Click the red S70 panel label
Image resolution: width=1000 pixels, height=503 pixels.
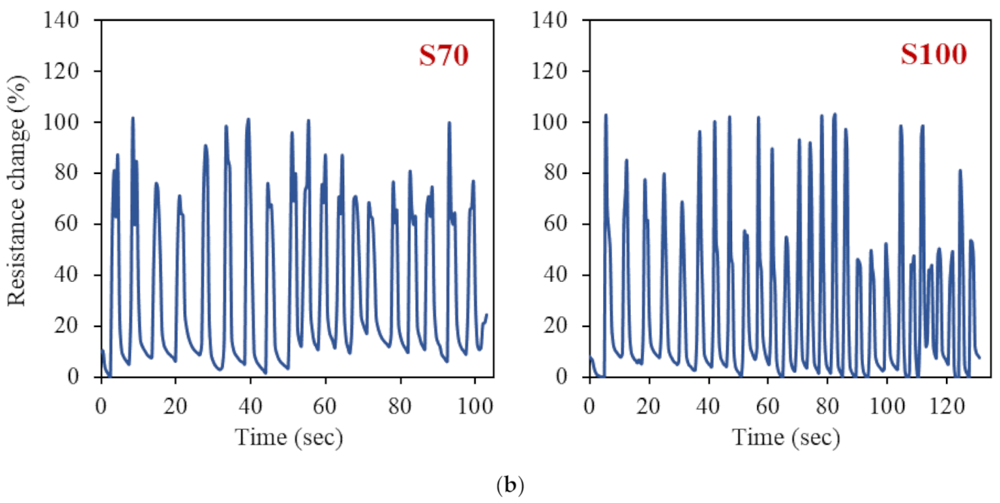[443, 57]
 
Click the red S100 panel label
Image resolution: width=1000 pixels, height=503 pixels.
[933, 57]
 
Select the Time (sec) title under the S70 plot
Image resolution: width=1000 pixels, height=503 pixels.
[289, 438]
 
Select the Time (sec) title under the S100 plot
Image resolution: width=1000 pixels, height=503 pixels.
[786, 438]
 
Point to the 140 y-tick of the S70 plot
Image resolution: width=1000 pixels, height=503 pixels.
[76, 20]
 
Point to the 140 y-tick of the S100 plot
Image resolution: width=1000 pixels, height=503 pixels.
[563, 20]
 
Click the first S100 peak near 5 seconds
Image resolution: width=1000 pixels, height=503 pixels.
[605, 115]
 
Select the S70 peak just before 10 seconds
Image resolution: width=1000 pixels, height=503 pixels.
[132, 118]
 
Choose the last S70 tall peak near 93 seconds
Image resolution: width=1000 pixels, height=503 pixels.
[449, 123]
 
